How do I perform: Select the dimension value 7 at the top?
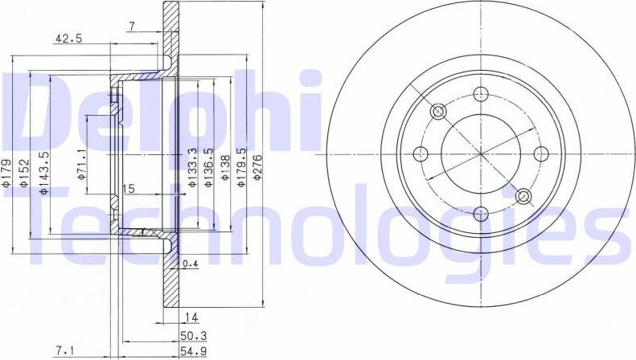(x=132, y=27)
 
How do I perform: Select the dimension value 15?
(x=126, y=189)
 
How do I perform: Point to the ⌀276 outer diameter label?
(x=259, y=170)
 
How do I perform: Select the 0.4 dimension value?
(x=190, y=264)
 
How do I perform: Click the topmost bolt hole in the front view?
(x=481, y=93)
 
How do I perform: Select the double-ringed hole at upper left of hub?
(x=439, y=111)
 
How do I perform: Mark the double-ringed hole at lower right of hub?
(x=523, y=196)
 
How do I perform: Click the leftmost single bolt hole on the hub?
(x=421, y=153)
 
